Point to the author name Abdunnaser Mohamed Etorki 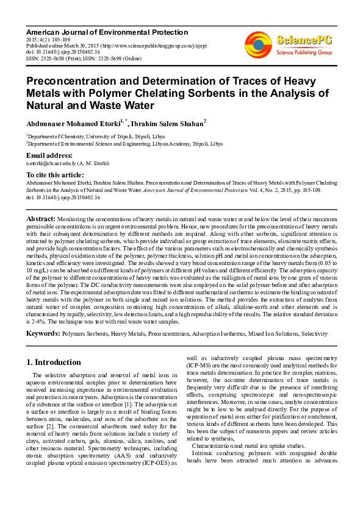coord(72,124)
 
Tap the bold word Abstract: coord(42,218)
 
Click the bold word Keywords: coord(43,333)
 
